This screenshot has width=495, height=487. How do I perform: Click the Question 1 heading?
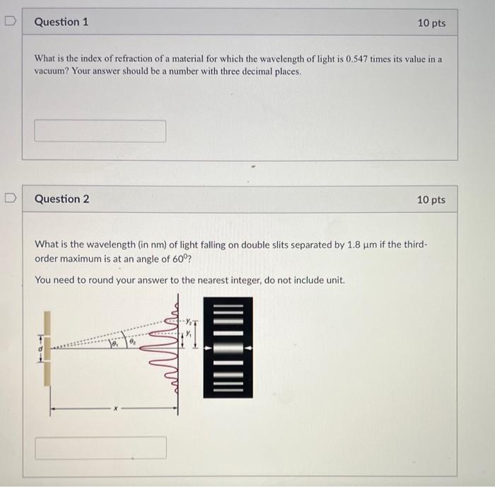point(62,22)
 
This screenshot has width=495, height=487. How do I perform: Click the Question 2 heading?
point(62,199)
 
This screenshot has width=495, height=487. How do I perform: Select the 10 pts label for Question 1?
point(431,23)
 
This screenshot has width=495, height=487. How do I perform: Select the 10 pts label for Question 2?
point(431,200)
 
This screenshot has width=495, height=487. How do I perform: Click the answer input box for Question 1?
point(100,131)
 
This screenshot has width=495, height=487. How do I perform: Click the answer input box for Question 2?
point(100,447)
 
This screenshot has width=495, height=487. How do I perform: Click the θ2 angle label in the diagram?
point(132,341)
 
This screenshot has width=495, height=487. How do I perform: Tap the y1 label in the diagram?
point(189,335)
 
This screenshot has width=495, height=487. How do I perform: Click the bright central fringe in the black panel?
point(227,347)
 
